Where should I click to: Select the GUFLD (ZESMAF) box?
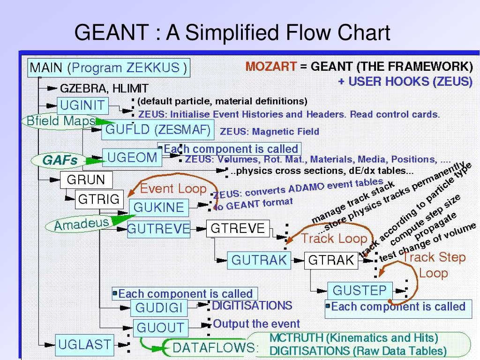[x=157, y=129]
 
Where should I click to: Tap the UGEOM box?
[x=132, y=158]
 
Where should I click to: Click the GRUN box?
[x=86, y=180]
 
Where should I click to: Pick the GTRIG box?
[x=99, y=199]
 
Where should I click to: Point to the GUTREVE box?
[x=158, y=229]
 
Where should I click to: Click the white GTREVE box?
[x=238, y=229]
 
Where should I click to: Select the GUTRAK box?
[x=259, y=260]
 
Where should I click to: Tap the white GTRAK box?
[x=331, y=260]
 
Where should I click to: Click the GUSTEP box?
[x=360, y=290]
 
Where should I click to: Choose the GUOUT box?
[x=161, y=327]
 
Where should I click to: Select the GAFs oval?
[x=60, y=161]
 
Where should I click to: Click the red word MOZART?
[x=271, y=66]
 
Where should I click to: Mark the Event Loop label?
[x=173, y=188]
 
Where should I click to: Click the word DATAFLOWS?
[x=215, y=347]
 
